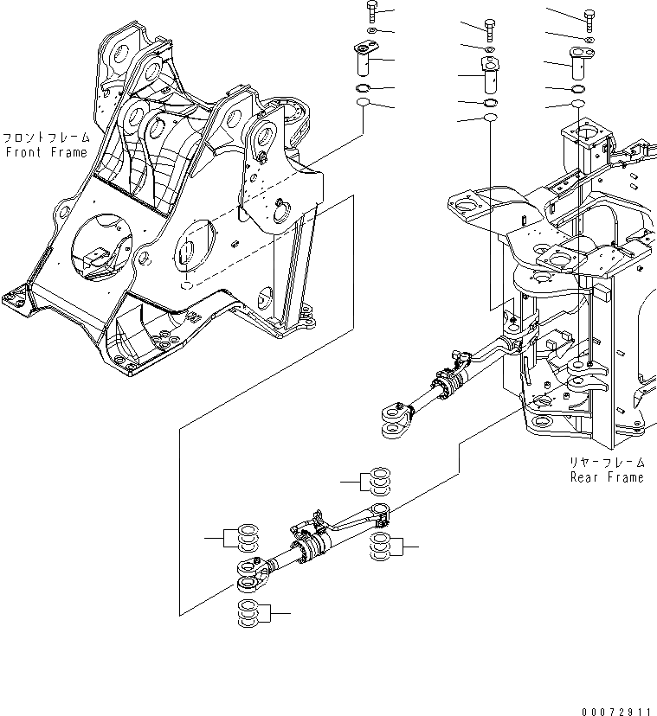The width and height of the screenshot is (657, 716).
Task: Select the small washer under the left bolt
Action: [x=370, y=32]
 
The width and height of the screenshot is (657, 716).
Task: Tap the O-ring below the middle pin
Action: [x=490, y=101]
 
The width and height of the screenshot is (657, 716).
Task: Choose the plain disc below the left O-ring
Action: [x=364, y=105]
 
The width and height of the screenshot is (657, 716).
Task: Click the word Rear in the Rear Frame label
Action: [x=585, y=477]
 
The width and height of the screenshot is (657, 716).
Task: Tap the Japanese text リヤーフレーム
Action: [x=607, y=463]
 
